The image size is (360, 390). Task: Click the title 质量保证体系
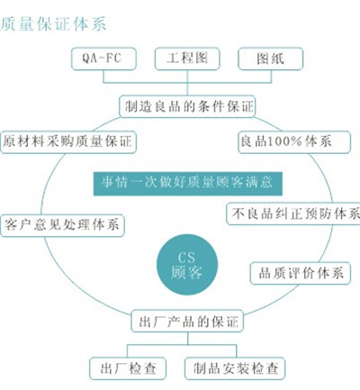[53, 24]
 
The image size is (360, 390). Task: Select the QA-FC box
[103, 59]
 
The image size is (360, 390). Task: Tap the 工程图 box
[187, 59]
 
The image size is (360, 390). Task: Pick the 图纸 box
[270, 59]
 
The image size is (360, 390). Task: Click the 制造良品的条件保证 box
[187, 106]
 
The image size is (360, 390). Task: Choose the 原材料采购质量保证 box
[68, 142]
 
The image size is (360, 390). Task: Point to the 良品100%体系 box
[294, 142]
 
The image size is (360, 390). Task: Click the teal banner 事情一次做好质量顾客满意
[188, 184]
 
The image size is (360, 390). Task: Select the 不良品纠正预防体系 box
[293, 213]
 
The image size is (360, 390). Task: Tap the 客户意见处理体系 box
[62, 225]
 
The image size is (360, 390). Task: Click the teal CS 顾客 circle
[187, 265]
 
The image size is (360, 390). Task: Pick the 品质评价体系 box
[301, 273]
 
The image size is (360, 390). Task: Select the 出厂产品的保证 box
[187, 321]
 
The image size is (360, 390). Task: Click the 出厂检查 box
[128, 368]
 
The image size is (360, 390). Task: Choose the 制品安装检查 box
[235, 368]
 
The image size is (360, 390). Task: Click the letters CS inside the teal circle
[186, 258]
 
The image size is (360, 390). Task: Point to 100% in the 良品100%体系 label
[284, 141]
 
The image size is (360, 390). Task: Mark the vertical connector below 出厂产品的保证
[188, 339]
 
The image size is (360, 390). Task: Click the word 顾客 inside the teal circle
[186, 272]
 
